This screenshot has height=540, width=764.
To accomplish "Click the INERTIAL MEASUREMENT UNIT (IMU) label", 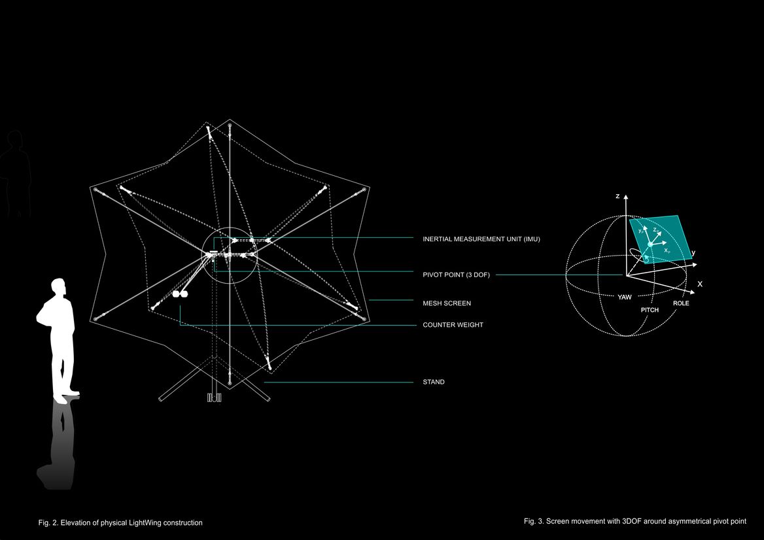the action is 481,239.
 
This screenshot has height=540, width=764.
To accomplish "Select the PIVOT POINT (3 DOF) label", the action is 456,275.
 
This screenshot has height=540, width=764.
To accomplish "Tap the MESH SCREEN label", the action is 447,303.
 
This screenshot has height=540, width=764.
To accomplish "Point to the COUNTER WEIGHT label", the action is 453,325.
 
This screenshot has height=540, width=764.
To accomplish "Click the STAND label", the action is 434,382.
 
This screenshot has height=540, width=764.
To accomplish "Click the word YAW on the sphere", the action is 625,297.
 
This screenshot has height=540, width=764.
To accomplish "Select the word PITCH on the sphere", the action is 650,310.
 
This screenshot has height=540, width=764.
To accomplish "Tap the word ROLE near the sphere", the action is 681,303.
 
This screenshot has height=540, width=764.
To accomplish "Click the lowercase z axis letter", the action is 617,196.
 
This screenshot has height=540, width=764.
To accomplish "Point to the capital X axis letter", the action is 700,284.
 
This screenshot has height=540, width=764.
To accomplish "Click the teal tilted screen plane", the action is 661,239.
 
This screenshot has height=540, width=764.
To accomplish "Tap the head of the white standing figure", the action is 58,286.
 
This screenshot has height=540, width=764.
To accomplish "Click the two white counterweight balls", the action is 180,294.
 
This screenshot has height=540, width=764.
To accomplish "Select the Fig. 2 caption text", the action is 120,522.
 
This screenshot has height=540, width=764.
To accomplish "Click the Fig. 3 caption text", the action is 635,521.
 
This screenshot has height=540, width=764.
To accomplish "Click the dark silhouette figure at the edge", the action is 14,173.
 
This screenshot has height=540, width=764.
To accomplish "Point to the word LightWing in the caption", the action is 145,522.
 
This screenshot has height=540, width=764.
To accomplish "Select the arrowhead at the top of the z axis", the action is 626,197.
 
